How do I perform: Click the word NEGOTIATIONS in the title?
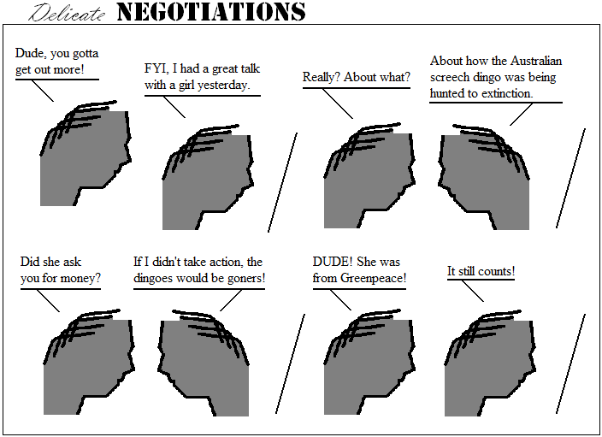pos(210,12)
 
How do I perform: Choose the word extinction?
pos(505,92)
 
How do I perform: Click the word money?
pos(82,278)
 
